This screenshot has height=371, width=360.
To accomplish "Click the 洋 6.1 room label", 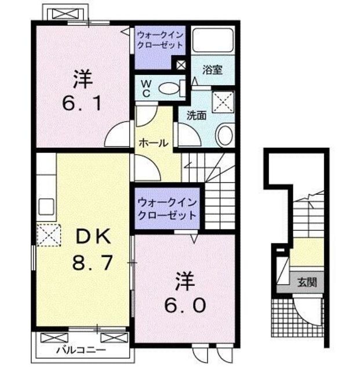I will tap(82, 90).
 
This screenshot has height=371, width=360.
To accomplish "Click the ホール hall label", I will tap(153, 143).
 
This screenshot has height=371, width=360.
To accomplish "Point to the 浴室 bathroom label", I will tap(212, 71).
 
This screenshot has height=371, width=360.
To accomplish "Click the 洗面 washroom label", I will tap(196, 115).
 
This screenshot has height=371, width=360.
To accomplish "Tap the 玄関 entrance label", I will tap(307, 283).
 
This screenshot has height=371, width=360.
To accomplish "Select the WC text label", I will tap(146, 88).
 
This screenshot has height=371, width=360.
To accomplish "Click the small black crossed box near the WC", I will tap(182, 65).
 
